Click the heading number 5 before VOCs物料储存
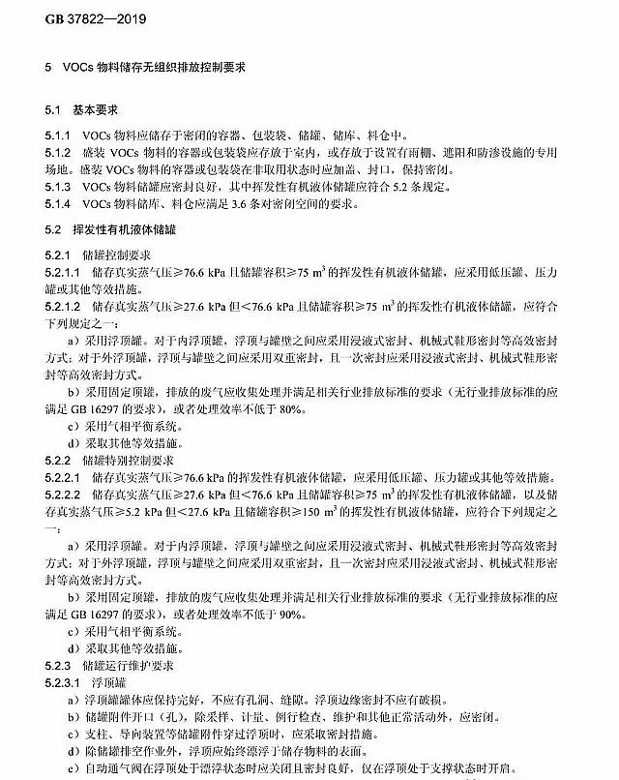pos(48,69)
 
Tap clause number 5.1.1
pos(59,135)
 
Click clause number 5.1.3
pos(59,185)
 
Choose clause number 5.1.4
pos(59,205)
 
